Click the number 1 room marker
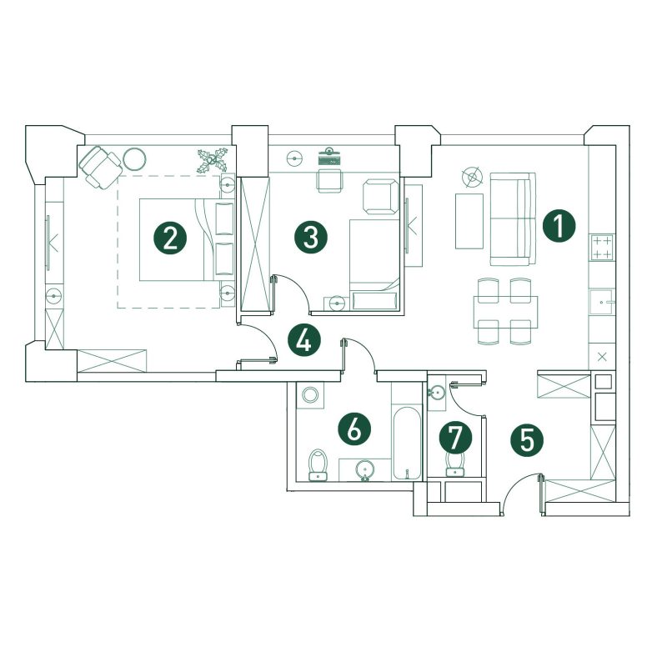pos(559,226)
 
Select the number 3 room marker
pos(311,238)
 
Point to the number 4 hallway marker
pos(304,340)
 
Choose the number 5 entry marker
pos(527,440)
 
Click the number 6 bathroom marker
pos(354,429)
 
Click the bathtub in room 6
pos(407,444)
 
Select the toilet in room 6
pos(318,464)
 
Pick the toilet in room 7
pos(454,464)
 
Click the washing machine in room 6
pos(310,394)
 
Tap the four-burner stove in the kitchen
pos(601,247)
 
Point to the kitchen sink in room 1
pos(601,302)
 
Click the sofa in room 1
pos(513,218)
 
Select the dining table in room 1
pos(505,312)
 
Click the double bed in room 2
pos(187,239)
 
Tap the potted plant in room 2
pos(213,160)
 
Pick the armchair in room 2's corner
pos(100,167)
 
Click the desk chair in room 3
pos(328,180)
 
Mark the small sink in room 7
pos(436,393)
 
